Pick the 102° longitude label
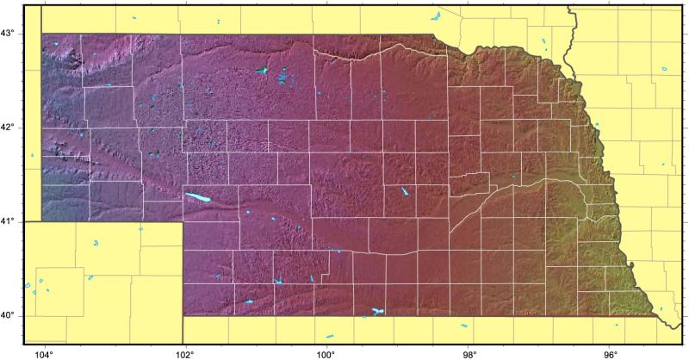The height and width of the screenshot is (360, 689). tap(184, 353)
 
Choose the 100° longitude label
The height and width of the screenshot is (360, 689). tap(326, 353)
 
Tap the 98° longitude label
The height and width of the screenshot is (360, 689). tap(469, 353)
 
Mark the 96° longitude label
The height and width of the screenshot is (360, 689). tap(611, 353)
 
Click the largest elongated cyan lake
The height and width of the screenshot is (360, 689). tap(198, 198)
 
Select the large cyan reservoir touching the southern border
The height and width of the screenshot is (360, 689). tap(376, 311)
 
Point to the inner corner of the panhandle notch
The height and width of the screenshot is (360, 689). tap(183, 222)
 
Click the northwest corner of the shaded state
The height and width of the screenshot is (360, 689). tap(42, 34)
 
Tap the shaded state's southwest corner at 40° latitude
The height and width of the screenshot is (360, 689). tap(183, 315)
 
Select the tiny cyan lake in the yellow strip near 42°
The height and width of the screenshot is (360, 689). tap(33, 155)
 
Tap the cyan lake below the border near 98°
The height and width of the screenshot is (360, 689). tap(463, 325)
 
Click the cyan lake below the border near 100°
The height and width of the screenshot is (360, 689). tap(330, 335)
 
